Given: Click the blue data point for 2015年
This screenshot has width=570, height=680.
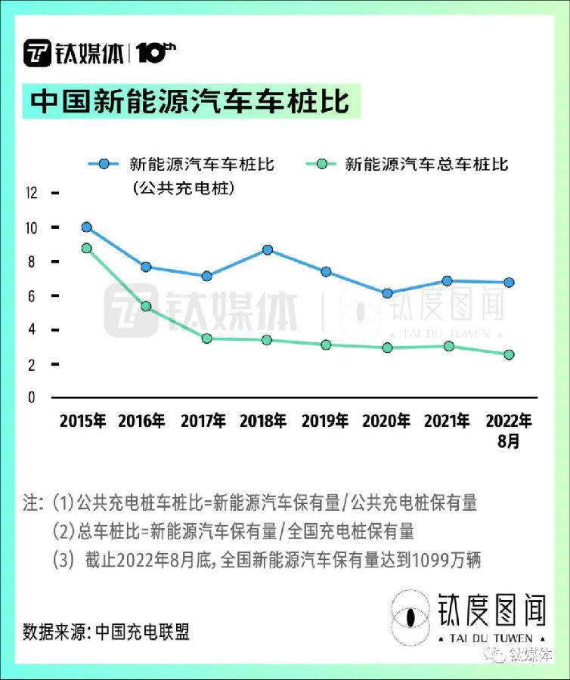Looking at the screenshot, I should [87, 227].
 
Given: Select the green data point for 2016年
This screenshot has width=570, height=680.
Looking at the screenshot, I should [146, 306].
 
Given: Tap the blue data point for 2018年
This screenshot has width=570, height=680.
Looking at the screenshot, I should [267, 249].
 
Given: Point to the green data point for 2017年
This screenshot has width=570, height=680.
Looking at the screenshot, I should [206, 338].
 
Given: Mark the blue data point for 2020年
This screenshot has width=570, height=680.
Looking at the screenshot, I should [387, 293].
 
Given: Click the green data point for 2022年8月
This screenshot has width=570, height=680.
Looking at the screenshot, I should [509, 354].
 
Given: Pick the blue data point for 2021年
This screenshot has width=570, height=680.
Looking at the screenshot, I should [448, 281].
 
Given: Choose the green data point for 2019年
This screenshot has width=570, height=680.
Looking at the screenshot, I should [326, 345].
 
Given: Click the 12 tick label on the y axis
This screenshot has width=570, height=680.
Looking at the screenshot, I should [31, 193].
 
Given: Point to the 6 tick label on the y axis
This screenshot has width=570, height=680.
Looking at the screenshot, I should [32, 296].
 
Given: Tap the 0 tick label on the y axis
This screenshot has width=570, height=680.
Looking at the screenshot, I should [32, 398].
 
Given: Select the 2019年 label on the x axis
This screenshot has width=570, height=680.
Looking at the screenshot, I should [325, 422].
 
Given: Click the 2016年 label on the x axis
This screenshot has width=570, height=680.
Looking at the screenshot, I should [143, 422].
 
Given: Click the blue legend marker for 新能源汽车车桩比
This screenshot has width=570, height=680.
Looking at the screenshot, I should [104, 163].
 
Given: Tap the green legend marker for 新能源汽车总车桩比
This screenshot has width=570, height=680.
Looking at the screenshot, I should [321, 163].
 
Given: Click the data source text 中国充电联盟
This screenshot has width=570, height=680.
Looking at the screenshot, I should [142, 631].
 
